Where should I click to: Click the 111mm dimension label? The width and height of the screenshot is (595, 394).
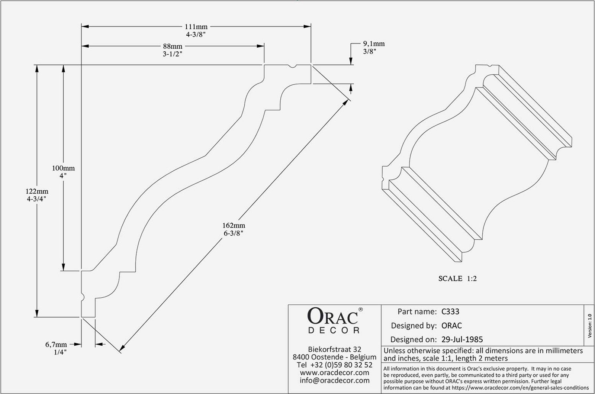[196, 27]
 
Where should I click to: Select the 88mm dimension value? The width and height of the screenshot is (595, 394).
[173, 46]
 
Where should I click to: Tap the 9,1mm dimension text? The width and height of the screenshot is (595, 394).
[374, 44]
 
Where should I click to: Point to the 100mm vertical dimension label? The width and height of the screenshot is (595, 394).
[63, 168]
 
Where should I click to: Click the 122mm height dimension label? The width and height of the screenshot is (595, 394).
[36, 191]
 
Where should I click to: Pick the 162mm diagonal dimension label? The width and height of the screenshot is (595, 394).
[234, 226]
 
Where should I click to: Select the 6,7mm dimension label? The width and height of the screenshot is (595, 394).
[57, 345]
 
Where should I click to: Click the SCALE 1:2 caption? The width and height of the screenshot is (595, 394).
[457, 278]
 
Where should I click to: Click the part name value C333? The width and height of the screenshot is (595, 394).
[450, 311]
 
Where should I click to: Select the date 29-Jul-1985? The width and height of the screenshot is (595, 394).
[462, 339]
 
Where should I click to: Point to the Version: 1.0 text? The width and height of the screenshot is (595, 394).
[590, 326]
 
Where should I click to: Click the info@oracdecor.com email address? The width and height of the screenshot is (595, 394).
[335, 380]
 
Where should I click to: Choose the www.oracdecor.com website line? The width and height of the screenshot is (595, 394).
[335, 372]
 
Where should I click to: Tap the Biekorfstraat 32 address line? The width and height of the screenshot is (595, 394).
[335, 349]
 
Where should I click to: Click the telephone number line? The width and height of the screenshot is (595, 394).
[335, 365]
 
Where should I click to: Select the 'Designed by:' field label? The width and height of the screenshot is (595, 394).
[414, 326]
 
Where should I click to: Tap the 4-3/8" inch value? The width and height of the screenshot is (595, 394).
[196, 34]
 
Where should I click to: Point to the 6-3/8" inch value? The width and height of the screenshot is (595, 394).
[234, 233]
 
